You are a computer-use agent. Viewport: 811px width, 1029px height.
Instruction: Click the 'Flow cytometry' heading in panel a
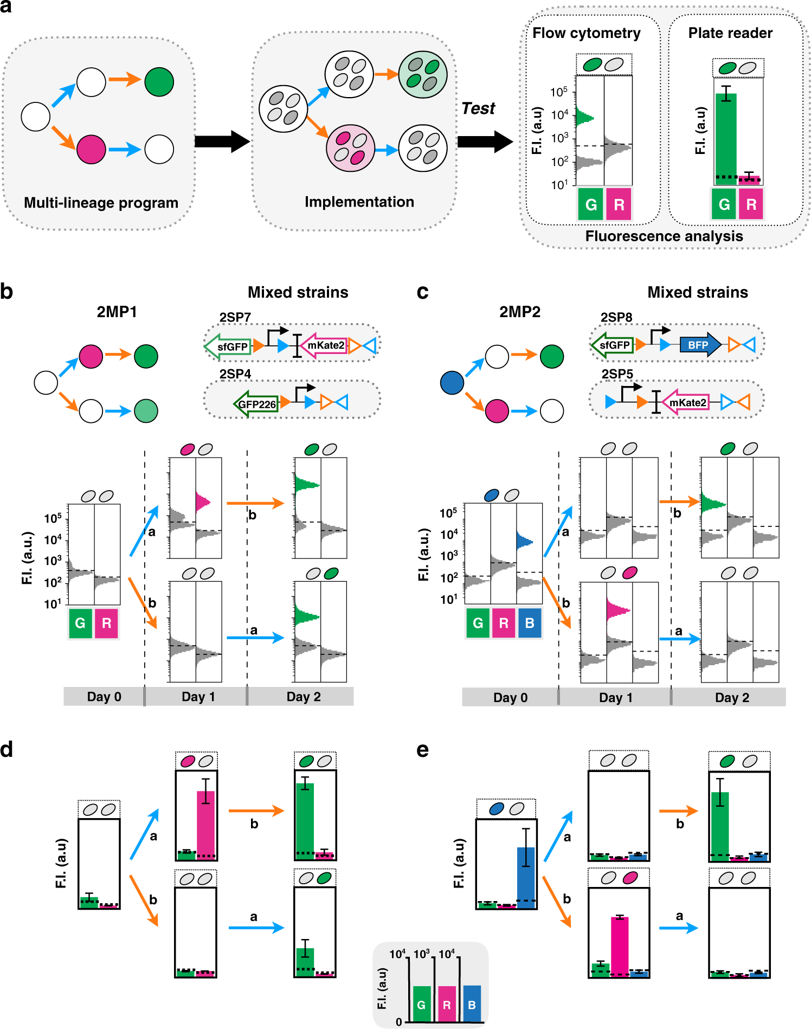coord(586,33)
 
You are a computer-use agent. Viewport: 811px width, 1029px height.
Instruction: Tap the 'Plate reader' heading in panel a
coord(730,33)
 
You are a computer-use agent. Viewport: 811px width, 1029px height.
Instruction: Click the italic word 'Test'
coord(478,108)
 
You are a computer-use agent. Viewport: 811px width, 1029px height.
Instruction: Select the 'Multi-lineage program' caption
coord(101,203)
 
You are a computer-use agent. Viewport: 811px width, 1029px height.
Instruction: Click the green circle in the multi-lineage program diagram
coord(159,82)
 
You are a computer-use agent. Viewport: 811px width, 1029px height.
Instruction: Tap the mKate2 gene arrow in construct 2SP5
coord(685,403)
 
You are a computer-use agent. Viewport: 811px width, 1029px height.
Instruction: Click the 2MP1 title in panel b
coord(117,312)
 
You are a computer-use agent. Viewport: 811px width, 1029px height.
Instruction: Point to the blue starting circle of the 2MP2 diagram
coord(452,383)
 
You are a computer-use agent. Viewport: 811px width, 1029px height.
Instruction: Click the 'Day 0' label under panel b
coord(104,697)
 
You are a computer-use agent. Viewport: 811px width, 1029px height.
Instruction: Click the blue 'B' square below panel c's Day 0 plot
coord(529,623)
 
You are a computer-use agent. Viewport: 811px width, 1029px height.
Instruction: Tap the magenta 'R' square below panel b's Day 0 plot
coord(106,623)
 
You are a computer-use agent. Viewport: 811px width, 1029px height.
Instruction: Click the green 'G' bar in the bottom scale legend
coord(421,1004)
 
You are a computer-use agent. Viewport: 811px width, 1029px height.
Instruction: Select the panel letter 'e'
coord(422,750)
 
